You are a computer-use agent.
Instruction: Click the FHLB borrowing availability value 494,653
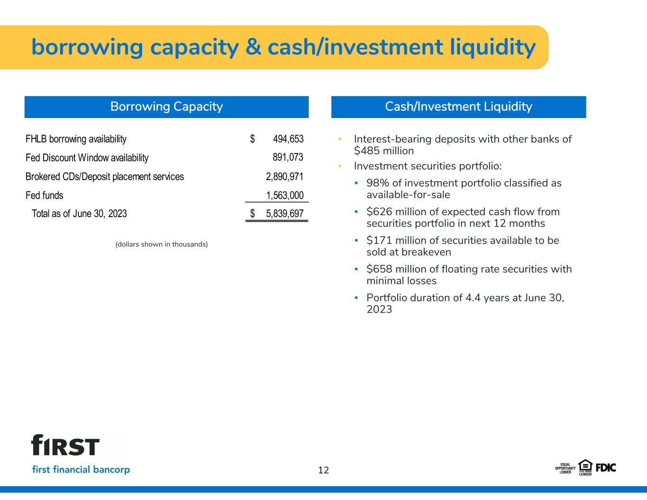[x=288, y=139]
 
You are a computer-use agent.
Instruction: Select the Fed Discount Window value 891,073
[x=288, y=157]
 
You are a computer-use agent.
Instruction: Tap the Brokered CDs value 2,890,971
[x=284, y=176]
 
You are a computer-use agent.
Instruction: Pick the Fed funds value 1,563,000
[x=285, y=195]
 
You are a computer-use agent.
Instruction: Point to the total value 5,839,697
[x=285, y=213]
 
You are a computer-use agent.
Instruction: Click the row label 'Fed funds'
[x=45, y=195]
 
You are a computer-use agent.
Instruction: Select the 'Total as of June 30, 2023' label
[x=79, y=213]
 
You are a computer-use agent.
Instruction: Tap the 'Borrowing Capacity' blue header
[x=166, y=107]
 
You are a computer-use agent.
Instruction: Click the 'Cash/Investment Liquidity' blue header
[x=458, y=107]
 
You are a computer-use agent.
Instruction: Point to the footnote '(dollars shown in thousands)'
[x=162, y=245]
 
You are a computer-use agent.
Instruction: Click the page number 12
[x=323, y=470]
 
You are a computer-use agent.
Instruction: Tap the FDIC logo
[x=606, y=468]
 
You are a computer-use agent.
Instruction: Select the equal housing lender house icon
[x=585, y=466]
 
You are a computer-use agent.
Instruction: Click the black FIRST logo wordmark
[x=65, y=445]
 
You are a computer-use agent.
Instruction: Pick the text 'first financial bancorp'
[x=81, y=470]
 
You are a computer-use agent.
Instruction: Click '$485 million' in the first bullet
[x=384, y=151]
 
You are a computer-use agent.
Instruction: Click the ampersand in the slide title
[x=253, y=47]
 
